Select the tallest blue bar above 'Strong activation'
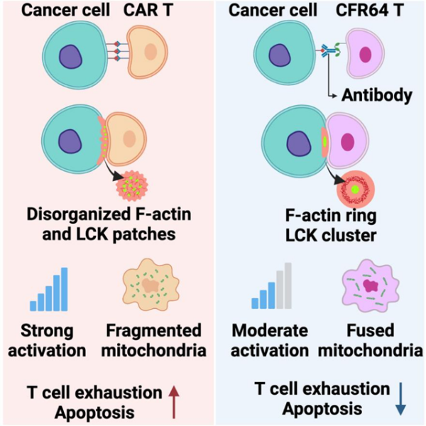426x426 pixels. [65, 289]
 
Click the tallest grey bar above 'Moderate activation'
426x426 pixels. [288, 286]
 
